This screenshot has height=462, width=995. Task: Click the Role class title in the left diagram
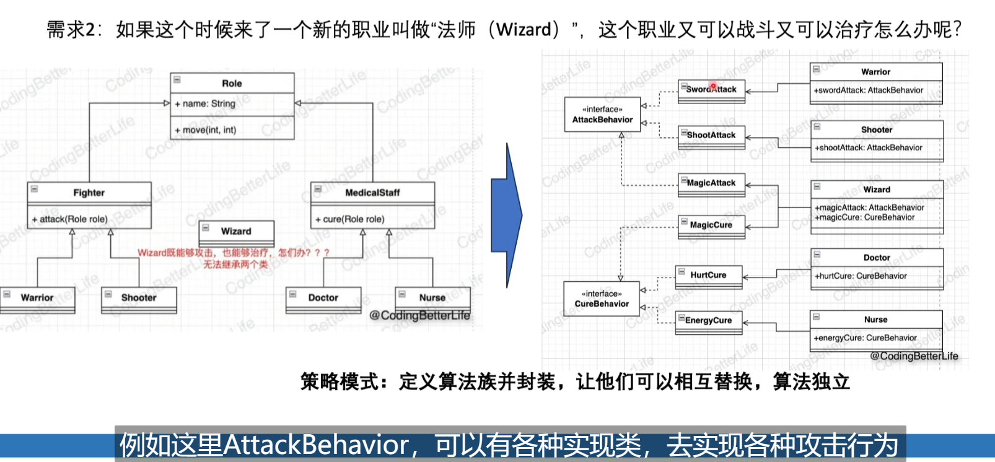click(x=232, y=83)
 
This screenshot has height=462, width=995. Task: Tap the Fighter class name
click(x=89, y=193)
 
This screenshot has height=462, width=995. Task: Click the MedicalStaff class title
click(x=372, y=193)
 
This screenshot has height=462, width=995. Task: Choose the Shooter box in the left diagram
click(x=139, y=298)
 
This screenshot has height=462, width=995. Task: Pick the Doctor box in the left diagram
click(x=323, y=298)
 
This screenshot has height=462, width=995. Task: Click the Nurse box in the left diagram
click(x=432, y=298)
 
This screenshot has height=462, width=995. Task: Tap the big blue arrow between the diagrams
click(x=507, y=216)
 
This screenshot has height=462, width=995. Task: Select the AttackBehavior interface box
click(x=602, y=115)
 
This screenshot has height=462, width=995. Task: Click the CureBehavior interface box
click(x=601, y=299)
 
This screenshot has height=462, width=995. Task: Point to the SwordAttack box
click(x=711, y=89)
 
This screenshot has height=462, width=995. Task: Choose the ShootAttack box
click(x=711, y=135)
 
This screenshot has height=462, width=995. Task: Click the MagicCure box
click(x=711, y=225)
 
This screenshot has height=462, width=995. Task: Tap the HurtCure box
click(x=708, y=275)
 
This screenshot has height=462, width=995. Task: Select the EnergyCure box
click(x=709, y=320)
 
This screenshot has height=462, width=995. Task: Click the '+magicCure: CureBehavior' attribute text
click(x=864, y=217)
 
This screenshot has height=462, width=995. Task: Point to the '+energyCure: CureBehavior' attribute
click(x=866, y=338)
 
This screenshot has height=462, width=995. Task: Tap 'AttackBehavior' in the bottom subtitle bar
click(x=316, y=445)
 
